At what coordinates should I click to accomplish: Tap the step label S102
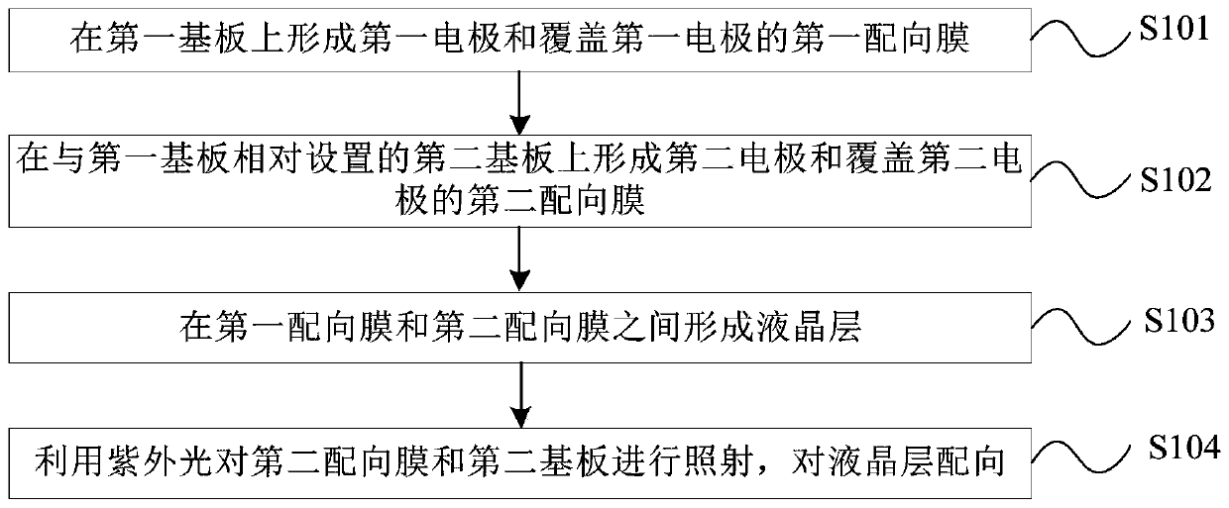[1174, 182]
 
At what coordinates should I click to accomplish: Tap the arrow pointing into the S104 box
[516, 394]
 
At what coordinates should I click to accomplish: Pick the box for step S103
[516, 326]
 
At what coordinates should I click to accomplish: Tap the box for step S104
[516, 459]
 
